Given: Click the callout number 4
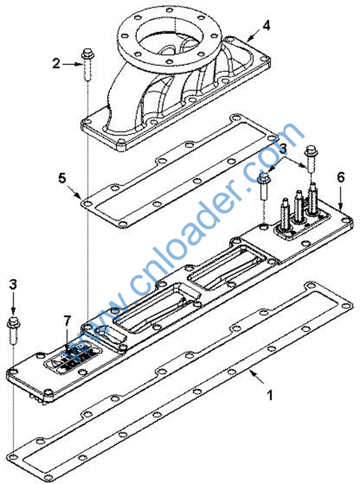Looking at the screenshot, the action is coord(266,26).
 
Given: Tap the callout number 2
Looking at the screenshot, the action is coord(56,64).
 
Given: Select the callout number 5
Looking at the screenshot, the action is coord(62,178).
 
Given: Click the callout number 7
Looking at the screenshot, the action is coord(67,321).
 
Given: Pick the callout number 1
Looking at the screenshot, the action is coord(269,395).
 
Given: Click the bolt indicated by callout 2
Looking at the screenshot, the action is coord(88,64).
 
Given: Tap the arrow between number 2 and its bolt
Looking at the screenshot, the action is coord(72,64).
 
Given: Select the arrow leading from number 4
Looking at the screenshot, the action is coord(254,35).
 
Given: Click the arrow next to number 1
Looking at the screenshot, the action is coord(257,376).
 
